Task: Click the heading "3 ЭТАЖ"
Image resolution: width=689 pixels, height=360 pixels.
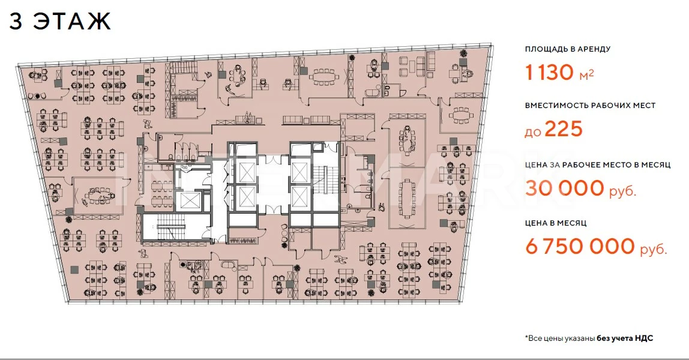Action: (x=59, y=20)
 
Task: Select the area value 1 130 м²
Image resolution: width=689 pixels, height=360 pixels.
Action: (x=559, y=73)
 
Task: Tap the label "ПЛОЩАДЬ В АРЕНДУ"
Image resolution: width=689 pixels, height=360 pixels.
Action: (x=568, y=49)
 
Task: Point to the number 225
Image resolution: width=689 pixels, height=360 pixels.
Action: (x=564, y=129)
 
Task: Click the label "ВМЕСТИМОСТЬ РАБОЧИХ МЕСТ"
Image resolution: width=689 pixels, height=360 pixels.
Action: (x=590, y=106)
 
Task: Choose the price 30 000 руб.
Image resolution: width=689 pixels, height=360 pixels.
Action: (x=580, y=188)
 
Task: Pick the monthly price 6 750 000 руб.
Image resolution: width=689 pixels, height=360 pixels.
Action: (x=597, y=247)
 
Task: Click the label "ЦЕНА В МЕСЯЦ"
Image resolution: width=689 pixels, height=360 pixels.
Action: (x=556, y=223)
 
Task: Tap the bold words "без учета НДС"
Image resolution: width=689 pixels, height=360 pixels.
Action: (x=625, y=338)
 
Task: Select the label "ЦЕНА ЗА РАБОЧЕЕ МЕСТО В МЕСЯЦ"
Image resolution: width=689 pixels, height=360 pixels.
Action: (x=598, y=165)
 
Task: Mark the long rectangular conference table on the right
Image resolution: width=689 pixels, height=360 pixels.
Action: (x=406, y=199)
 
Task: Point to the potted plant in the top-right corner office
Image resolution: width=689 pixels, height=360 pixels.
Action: (x=463, y=53)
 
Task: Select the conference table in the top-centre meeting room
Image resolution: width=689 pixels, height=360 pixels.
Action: (x=325, y=76)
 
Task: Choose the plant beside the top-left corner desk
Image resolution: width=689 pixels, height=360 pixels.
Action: (x=38, y=96)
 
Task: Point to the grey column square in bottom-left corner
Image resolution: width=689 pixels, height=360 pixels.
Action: (x=75, y=269)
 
